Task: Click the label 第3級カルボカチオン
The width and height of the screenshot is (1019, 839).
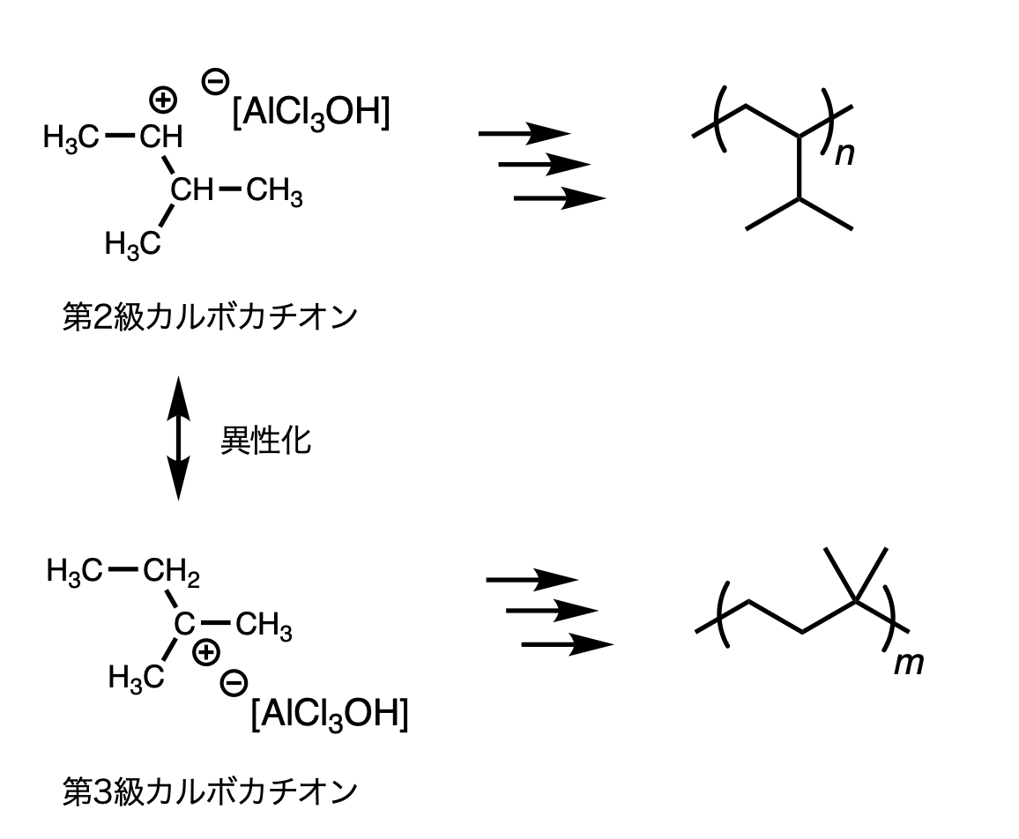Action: [210, 791]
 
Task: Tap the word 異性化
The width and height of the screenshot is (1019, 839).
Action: [265, 441]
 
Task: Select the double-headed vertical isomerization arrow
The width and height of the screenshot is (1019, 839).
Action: [178, 438]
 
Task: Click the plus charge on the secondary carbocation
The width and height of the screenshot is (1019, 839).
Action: [163, 100]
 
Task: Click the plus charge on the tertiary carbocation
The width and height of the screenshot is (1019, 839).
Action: [205, 652]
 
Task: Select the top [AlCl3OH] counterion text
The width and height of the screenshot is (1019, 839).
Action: [309, 116]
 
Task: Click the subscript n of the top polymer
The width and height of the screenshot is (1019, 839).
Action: [845, 155]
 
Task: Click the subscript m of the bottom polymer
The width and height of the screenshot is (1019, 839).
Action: [909, 663]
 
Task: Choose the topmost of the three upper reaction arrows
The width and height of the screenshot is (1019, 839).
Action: [524, 134]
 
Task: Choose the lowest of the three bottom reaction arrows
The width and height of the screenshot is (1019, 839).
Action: [567, 645]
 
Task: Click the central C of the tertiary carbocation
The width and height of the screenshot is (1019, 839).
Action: [182, 625]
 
